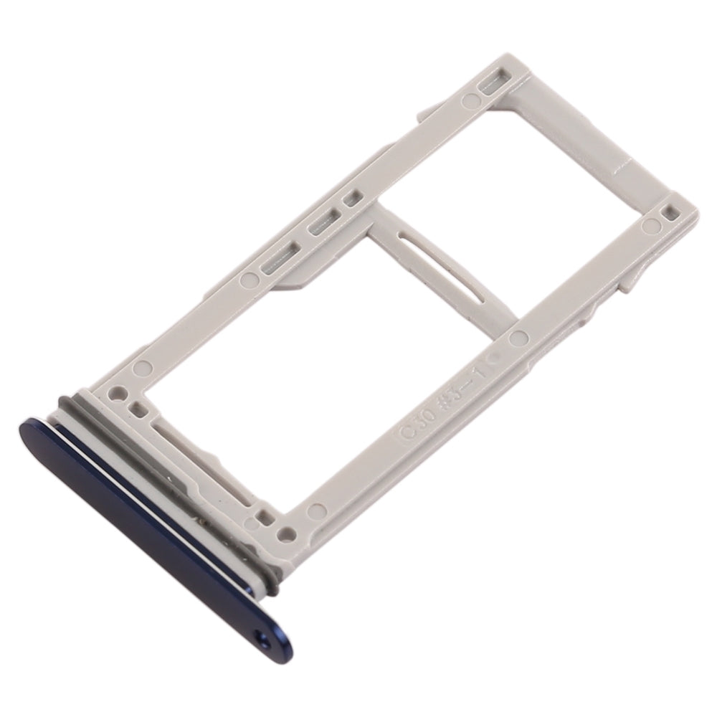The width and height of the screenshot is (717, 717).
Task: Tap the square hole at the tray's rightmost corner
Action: (670, 212)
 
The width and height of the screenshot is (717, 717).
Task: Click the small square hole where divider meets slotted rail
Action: (351, 196)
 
